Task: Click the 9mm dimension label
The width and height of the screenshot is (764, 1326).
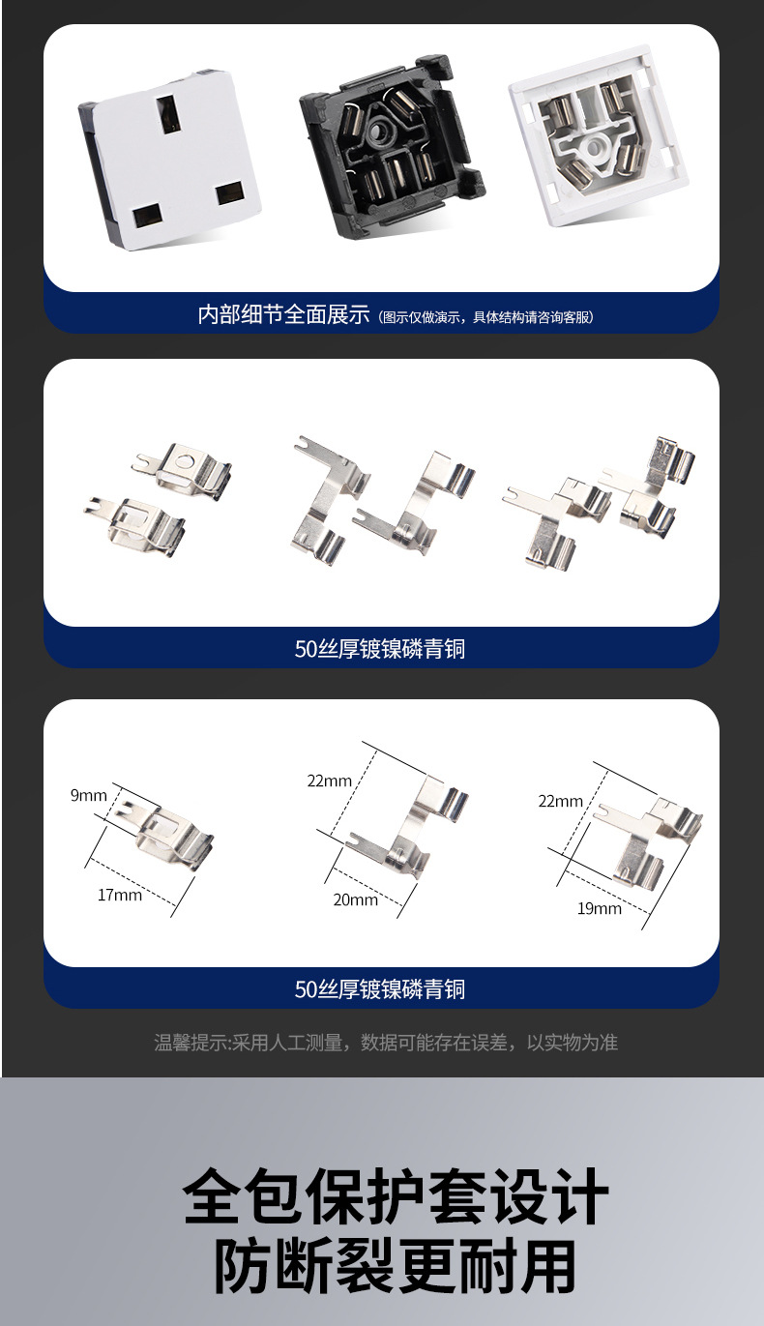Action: click(x=89, y=795)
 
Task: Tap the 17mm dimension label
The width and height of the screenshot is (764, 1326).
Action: click(x=120, y=895)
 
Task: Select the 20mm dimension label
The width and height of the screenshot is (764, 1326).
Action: click(x=355, y=899)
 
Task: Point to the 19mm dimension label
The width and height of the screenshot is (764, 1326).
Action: click(x=599, y=909)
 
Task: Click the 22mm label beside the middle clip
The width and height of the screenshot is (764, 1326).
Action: click(x=329, y=781)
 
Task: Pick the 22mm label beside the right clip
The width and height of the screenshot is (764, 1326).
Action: click(x=560, y=801)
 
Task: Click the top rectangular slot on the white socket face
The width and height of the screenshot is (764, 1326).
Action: click(x=168, y=113)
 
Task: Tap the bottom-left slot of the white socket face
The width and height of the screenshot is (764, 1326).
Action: click(x=147, y=217)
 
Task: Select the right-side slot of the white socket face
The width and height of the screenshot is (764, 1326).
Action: click(x=229, y=193)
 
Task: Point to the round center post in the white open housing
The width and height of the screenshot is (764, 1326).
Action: click(x=594, y=146)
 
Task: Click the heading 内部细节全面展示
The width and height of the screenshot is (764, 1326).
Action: click(x=283, y=314)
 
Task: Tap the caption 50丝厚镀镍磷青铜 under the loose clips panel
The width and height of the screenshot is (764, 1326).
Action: click(x=380, y=649)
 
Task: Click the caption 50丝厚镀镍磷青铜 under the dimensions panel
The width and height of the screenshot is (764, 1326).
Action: click(x=380, y=989)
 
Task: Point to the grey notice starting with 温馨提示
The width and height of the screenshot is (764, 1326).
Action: click(x=386, y=1042)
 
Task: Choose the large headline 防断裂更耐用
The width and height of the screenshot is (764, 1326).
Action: click(x=395, y=1268)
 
